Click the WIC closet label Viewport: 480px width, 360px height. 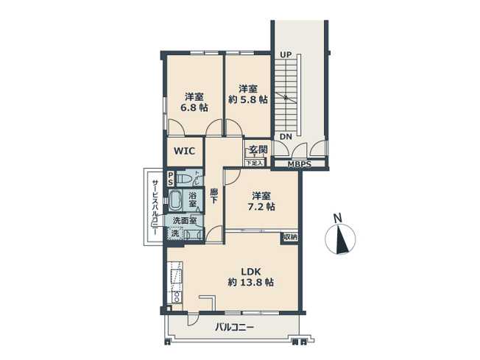coord(184,151)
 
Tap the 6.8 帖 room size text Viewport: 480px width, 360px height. coord(194,107)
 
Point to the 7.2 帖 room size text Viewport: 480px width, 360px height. coord(262,207)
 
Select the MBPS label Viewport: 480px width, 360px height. coord(299,163)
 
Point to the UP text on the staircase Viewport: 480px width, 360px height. coord(286,54)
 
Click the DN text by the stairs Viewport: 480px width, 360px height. coord(286,136)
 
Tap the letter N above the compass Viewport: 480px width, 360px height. coord(337,218)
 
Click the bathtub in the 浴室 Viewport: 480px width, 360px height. coord(177,200)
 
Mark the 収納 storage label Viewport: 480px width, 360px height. coord(289,237)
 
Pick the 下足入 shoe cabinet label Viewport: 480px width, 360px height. coord(253,163)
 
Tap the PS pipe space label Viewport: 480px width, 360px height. coord(170,178)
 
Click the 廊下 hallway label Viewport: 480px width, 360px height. coord(213,197)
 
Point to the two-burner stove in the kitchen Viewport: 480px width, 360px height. coord(177,297)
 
